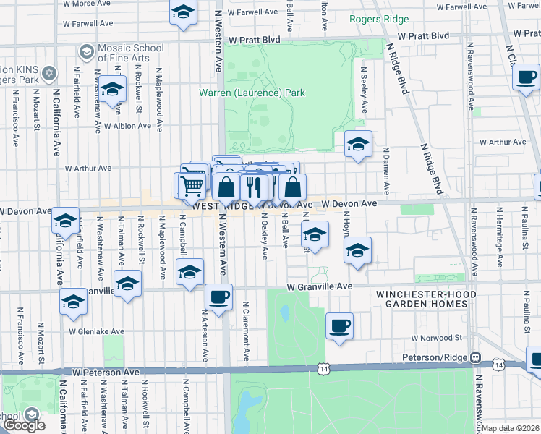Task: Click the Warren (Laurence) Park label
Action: click(252, 93)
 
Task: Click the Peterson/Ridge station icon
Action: click(475, 357)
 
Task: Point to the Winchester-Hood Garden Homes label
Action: click(425, 299)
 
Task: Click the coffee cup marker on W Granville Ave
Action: click(218, 296)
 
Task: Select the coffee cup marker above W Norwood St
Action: click(338, 325)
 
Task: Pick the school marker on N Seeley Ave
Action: click(358, 145)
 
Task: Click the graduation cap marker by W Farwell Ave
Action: click(184, 13)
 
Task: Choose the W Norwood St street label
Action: click(436, 338)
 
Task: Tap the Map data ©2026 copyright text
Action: click(511, 428)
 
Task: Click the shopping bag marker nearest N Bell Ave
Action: click(292, 187)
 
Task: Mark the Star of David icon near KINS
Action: click(50, 72)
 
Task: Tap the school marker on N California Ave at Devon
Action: click(65, 221)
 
